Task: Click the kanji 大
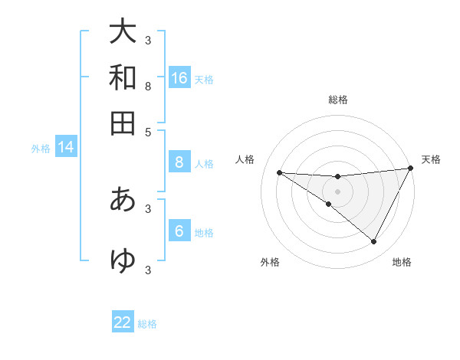123,32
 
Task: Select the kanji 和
123,78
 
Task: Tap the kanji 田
123,123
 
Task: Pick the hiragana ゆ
123,261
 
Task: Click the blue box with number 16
179,78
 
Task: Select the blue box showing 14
66,148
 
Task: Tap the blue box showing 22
123,322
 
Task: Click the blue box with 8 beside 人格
179,162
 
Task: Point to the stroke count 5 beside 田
148,131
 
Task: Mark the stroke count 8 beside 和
148,87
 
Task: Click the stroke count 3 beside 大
148,41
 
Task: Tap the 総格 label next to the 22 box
147,323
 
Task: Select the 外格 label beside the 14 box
41,149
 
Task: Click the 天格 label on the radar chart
431,159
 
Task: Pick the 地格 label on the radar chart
402,262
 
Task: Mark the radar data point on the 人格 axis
279,172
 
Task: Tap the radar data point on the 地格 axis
374,242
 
